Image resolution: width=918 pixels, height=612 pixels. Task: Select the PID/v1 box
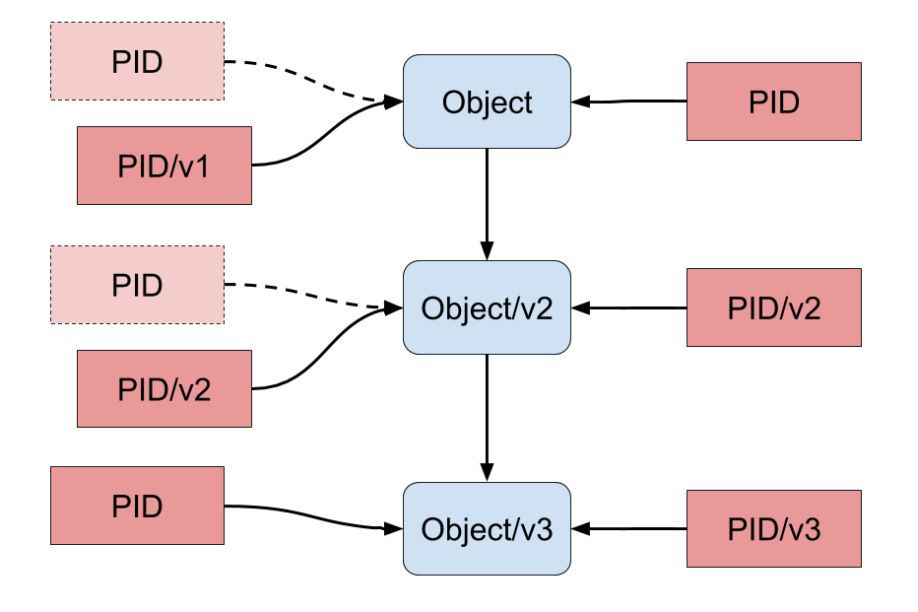[x=164, y=167]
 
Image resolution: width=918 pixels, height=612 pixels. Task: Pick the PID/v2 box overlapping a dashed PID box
[x=164, y=390]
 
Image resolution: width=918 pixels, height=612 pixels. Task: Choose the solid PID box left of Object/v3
[x=137, y=506]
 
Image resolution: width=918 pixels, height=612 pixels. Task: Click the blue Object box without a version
[x=487, y=102]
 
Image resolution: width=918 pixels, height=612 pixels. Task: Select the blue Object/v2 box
[x=487, y=307]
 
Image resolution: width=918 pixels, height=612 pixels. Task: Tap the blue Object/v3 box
[x=487, y=529]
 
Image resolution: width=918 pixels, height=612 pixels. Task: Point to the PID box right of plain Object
[x=773, y=102]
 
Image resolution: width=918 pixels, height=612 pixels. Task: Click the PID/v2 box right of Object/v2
[x=773, y=307]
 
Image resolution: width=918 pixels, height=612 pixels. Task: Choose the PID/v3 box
[x=773, y=529]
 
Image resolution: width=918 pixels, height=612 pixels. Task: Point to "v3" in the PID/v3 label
[x=805, y=530]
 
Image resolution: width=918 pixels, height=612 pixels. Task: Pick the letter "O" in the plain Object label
[x=452, y=102]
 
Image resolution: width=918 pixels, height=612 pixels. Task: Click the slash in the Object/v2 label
[x=515, y=308]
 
